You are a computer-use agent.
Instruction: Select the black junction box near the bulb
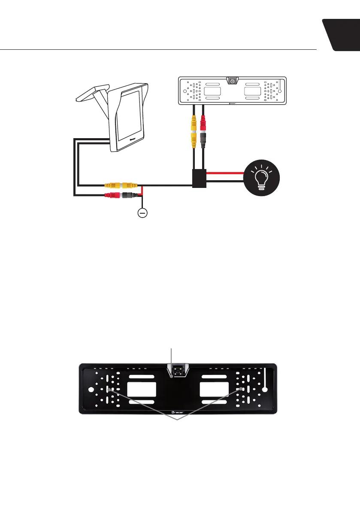(199, 178)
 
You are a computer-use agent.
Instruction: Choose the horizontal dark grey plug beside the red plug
(128, 195)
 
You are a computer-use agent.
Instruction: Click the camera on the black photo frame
(177, 371)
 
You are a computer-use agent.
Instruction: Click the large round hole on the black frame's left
(91, 390)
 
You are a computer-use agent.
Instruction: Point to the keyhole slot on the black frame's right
(265, 382)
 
